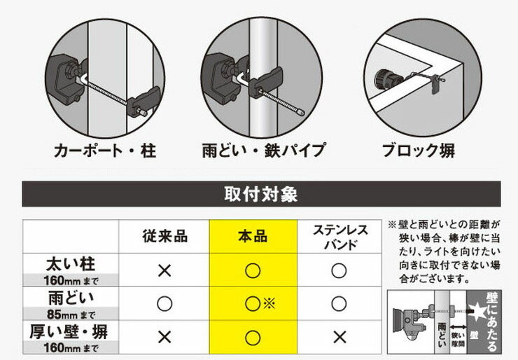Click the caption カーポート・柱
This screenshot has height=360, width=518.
point(105,151)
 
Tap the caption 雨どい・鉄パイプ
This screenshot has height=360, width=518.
point(264,151)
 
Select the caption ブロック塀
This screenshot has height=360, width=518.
point(419,151)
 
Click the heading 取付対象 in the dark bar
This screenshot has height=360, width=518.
point(261,194)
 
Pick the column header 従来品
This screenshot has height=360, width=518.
point(164,237)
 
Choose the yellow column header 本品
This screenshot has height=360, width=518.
point(253,237)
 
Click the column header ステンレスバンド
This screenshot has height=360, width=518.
point(340,237)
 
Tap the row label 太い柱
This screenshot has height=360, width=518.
point(71,264)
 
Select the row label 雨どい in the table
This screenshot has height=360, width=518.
point(71,298)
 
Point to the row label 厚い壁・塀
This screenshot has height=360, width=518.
point(69,332)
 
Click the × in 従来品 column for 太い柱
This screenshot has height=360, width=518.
point(164,271)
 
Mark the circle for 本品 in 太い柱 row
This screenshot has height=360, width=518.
point(253,271)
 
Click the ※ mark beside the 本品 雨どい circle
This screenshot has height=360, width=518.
point(269,303)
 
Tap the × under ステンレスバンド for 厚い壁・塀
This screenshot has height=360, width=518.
point(339,338)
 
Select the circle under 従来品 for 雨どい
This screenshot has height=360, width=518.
point(164,303)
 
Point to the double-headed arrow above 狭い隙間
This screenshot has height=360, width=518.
point(458,327)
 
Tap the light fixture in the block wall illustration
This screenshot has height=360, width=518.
point(388,80)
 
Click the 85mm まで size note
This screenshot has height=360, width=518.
point(71,314)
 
